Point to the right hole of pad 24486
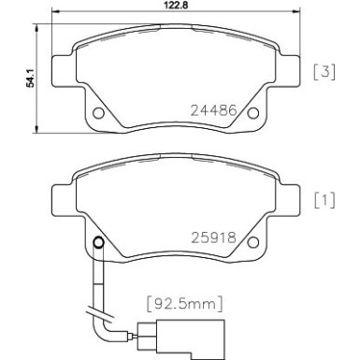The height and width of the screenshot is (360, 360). click(250, 115)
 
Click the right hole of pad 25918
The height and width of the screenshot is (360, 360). click(250, 245)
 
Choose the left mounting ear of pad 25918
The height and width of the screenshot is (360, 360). click(57, 198)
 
